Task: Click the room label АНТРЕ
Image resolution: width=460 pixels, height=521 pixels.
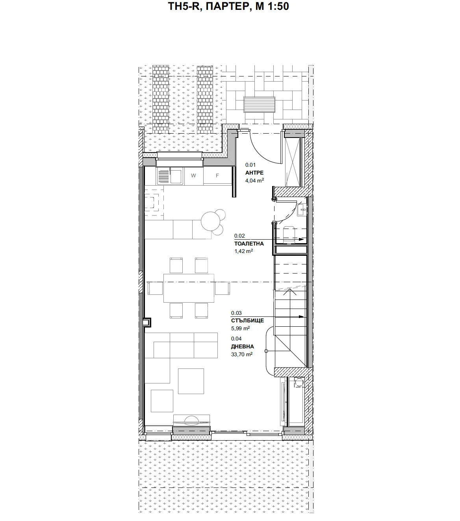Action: tap(254, 173)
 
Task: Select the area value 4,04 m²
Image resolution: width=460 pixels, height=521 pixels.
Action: tap(254, 180)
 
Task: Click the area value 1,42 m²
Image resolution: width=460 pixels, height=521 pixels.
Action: tap(243, 251)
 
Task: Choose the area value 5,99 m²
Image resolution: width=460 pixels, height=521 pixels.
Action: tap(241, 328)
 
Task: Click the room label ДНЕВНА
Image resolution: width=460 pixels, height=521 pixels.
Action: tap(243, 346)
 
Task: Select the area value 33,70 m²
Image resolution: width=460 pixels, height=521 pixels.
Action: tap(242, 354)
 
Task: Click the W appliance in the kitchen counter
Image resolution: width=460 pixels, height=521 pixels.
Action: tap(193, 176)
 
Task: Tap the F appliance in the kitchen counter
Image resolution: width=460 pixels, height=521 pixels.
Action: tap(217, 176)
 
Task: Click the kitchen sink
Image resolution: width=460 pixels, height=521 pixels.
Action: tap(169, 176)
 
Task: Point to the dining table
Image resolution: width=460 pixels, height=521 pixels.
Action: tap(189, 288)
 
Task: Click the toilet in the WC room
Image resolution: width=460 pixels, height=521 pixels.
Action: tap(291, 233)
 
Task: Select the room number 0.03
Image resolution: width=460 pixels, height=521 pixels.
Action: tap(236, 313)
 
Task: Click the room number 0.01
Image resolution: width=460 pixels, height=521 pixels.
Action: tap(250, 165)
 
